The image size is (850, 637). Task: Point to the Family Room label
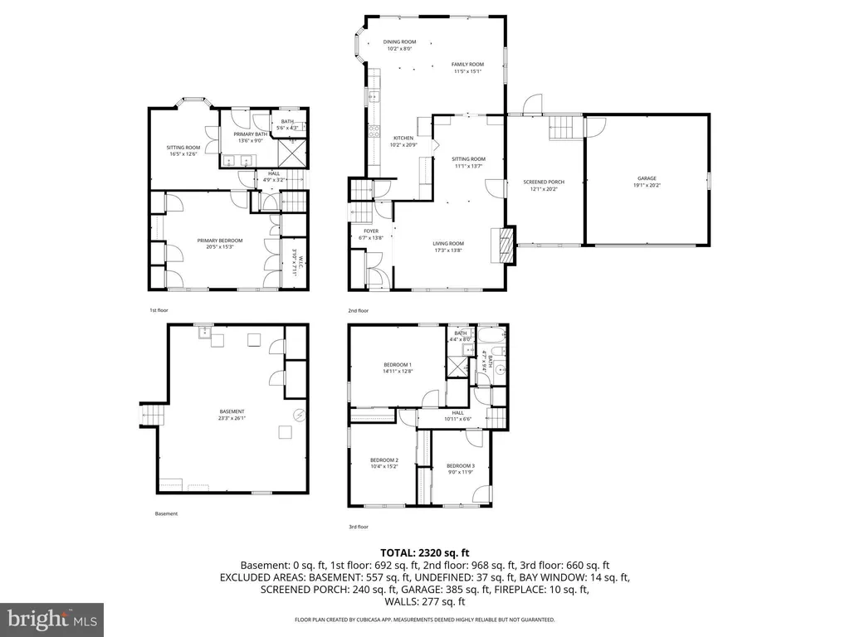coord(467,68)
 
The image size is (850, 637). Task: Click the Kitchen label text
coord(403,142)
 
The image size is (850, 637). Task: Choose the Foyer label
coord(371,235)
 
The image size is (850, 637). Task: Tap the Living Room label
coord(447,247)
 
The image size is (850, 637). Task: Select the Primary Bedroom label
coord(214,244)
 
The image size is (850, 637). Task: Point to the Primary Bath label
coord(250,137)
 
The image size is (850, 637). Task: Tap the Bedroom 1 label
coord(398,368)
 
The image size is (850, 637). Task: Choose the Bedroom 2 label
coord(384,464)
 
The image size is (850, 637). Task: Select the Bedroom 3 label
coord(460,469)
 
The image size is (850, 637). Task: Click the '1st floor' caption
coord(159,310)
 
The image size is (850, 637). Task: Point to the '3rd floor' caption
coord(358,527)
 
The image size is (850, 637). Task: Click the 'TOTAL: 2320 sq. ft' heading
coord(425,552)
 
